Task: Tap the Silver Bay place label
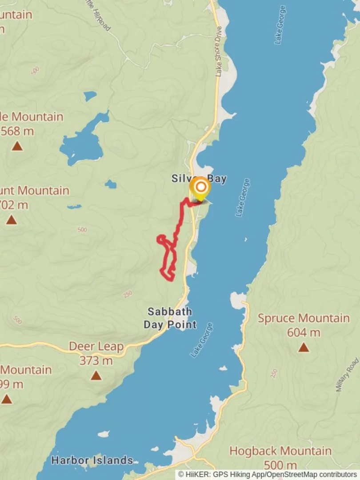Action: (199, 179)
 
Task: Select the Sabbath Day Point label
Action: (170, 318)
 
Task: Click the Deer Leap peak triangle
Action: (96, 376)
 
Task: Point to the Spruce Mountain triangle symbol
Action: (304, 347)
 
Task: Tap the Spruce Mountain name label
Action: (304, 318)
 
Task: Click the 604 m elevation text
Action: (304, 332)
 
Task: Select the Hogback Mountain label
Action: (280, 451)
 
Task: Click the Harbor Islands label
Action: (92, 460)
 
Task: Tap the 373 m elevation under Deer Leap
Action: (96, 361)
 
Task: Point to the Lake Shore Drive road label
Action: (219, 51)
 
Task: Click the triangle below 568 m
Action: (17, 146)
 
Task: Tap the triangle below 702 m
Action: (12, 220)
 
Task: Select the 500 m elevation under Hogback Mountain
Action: (280, 465)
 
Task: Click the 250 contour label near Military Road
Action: (274, 372)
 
